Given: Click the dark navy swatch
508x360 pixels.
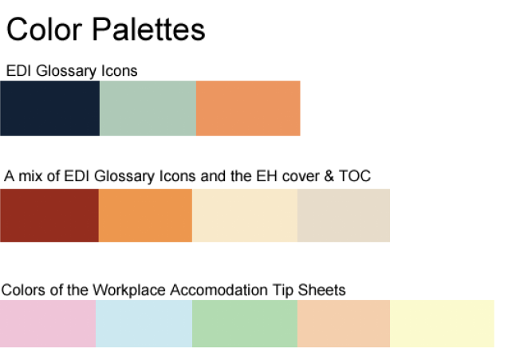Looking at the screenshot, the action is point(50,108).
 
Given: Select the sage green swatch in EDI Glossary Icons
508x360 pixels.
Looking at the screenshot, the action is point(148,108).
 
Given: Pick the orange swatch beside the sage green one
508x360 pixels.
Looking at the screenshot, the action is point(248,108).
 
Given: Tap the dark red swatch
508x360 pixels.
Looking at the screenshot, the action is point(49,216).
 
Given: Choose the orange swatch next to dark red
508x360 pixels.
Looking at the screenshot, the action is point(145,216).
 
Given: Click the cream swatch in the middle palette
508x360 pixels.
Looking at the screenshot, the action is point(245,216).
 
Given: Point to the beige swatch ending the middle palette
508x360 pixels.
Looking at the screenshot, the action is point(344,216).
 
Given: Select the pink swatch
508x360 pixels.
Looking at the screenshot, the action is point(48,323).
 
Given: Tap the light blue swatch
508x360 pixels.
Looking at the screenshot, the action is point(144,323).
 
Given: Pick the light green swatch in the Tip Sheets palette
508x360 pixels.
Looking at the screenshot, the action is point(245,323).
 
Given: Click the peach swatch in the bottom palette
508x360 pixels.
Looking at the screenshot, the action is point(344,323).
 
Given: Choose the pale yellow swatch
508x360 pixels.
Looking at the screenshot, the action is point(443,323).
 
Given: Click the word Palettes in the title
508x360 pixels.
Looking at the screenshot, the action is point(148,30).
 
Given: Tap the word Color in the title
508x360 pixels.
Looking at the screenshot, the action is point(44,30).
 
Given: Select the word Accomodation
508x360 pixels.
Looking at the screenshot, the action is point(219,290).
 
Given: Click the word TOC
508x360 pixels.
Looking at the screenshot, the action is point(355,176).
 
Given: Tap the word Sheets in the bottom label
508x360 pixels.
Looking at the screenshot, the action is point(321,290).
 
